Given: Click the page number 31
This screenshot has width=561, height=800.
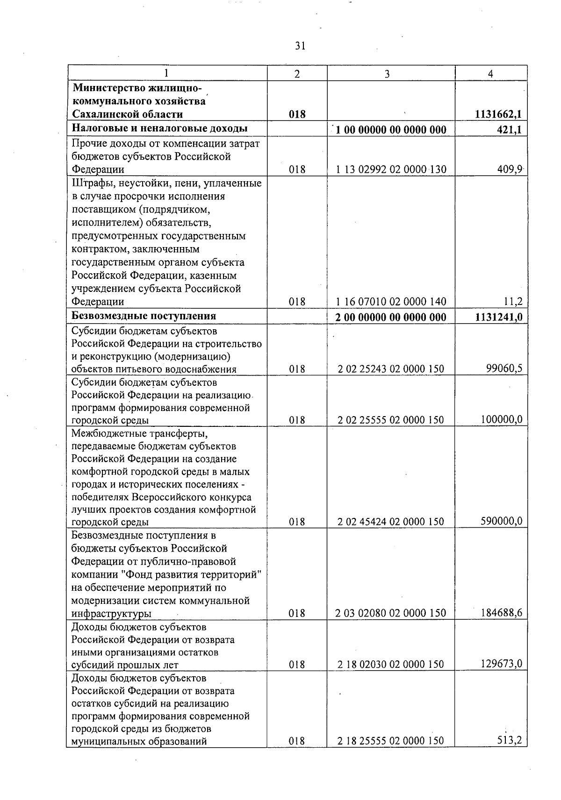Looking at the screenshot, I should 300,46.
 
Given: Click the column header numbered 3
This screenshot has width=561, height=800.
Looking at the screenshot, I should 387,73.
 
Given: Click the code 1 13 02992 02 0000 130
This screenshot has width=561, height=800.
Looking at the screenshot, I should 391,170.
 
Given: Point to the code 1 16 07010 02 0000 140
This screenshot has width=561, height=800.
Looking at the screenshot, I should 391,302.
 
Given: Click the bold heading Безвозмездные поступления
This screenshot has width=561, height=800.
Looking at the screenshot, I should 144,316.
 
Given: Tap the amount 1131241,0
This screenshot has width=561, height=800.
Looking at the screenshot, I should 498,318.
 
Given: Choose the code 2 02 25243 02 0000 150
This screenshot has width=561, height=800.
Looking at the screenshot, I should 391,369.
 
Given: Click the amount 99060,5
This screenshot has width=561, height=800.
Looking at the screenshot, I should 504,369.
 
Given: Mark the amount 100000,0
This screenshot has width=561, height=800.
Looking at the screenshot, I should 502,420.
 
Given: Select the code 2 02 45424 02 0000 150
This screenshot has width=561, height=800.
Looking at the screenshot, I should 391,522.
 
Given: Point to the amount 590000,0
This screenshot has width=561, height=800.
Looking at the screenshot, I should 502,521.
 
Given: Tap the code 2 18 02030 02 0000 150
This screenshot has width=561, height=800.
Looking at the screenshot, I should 391,664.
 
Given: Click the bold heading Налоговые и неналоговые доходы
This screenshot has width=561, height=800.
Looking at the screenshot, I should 159,129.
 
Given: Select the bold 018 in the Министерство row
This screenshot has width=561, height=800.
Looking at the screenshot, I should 297,114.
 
